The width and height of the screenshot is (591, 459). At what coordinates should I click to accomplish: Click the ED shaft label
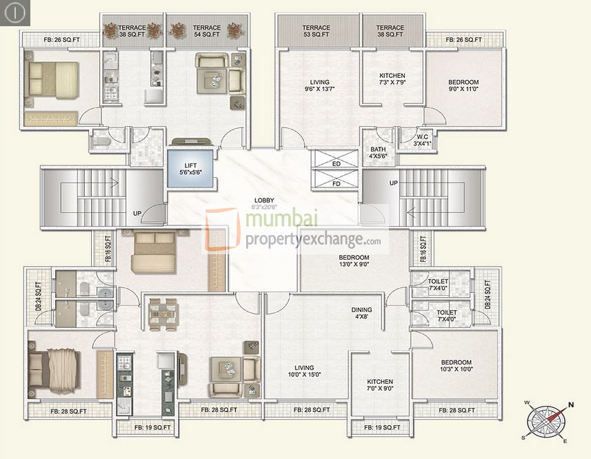336,164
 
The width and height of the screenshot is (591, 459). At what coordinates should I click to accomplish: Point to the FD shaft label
336,183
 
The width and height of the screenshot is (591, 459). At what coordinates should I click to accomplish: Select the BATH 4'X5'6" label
378,152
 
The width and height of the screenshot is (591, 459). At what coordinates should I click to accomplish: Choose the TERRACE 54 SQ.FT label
207,31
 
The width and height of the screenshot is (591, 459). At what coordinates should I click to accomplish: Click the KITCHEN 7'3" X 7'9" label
392,79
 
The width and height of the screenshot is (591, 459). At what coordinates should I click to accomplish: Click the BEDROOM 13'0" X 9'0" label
354,260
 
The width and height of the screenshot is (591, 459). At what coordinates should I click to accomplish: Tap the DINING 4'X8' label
361,314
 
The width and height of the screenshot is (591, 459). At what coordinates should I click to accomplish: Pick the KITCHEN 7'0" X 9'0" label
379,385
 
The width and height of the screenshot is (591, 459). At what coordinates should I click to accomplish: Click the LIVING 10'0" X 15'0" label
303,371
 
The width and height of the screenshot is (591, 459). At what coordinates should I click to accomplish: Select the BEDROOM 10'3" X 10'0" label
456,366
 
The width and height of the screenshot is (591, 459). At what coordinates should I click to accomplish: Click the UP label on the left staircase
137,214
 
